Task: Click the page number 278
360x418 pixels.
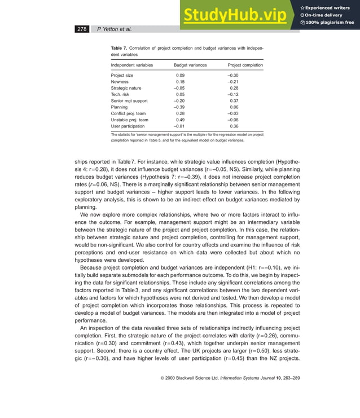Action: tap(82, 28)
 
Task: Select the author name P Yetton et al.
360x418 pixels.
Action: tap(115, 28)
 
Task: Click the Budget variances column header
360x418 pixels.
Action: tap(190, 65)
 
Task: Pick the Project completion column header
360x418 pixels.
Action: tap(245, 65)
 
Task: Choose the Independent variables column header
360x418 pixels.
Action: tap(131, 65)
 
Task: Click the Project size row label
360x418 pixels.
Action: tap(122, 75)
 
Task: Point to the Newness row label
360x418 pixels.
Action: tap(120, 81)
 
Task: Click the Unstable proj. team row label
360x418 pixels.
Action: tap(129, 120)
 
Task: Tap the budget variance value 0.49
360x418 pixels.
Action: tap(181, 120)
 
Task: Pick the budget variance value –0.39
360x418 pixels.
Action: tap(179, 107)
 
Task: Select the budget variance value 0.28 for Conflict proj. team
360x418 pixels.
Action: tap(181, 113)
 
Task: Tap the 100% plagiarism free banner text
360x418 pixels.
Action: tap(330, 23)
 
